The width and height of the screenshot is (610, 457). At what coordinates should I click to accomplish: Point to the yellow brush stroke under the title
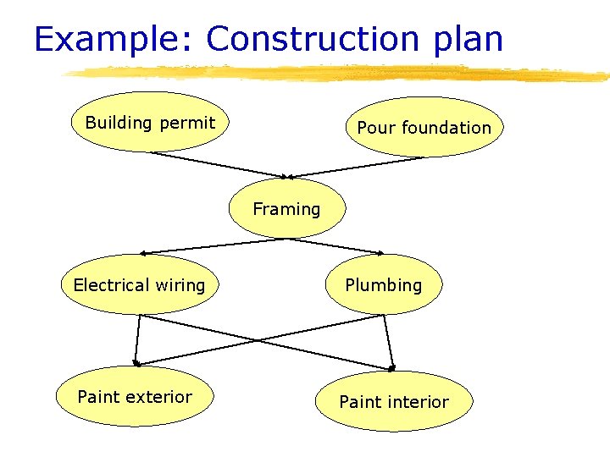point(339,74)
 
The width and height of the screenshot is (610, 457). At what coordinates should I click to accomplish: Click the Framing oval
point(287,208)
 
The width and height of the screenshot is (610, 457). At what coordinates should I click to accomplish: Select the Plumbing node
point(383,284)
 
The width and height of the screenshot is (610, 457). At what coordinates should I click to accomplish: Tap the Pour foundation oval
point(424,128)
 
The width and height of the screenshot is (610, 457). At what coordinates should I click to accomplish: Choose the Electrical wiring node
point(140,284)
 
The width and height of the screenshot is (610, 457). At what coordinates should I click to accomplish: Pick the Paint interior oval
point(394,401)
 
